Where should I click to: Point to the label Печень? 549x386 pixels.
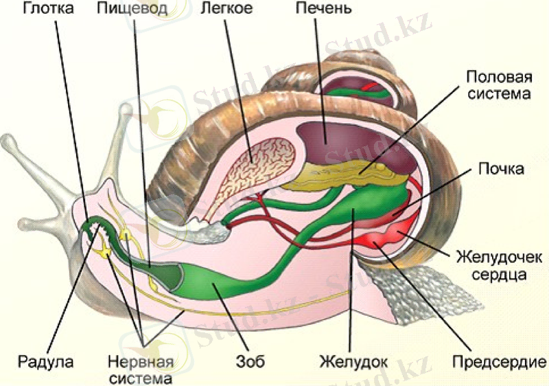coord(324,10)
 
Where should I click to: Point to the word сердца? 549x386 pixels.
coord(500,275)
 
